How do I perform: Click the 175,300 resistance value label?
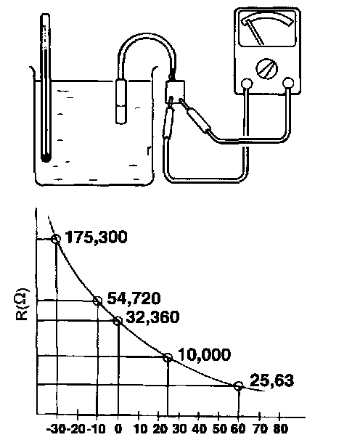point(96,237)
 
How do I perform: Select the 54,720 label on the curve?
point(134,298)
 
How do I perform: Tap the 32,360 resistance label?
point(152,317)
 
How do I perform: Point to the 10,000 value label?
point(204,354)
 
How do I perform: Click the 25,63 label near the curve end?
point(271,380)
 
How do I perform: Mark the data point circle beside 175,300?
point(56,239)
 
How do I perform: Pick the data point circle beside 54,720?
point(97,301)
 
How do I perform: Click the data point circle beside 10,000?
point(168,358)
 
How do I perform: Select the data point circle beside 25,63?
point(238,386)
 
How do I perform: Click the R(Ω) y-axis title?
point(21,303)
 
